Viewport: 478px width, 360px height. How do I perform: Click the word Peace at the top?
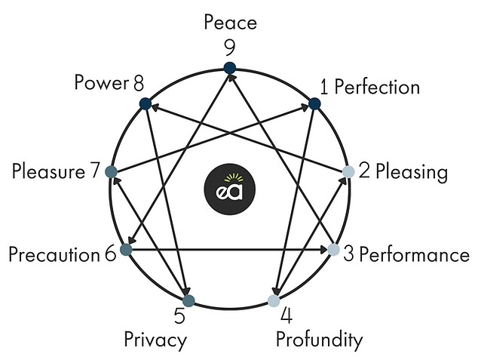pos(230,22)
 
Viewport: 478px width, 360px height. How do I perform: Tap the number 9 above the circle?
pos(230,48)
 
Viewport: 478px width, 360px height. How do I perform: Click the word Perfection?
pos(377,87)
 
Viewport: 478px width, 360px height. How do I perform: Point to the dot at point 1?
pos(315,103)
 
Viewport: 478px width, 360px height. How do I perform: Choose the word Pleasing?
pos(412,171)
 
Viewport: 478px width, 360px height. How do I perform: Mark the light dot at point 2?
pos(348,171)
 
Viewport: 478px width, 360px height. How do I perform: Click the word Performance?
pos(414,254)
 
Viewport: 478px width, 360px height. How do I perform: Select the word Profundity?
pos(319,340)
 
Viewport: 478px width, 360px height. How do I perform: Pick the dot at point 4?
pos(274,301)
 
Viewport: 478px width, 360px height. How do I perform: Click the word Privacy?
pos(155,340)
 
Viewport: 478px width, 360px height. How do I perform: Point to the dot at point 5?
pos(188,301)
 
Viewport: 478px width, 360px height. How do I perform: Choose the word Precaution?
pos(54,254)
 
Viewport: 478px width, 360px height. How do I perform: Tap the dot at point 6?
pos(126,249)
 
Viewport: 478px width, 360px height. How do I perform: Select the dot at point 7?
pos(112,171)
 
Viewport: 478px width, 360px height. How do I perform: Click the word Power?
pos(101,83)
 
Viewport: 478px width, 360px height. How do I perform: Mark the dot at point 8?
pos(146,103)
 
